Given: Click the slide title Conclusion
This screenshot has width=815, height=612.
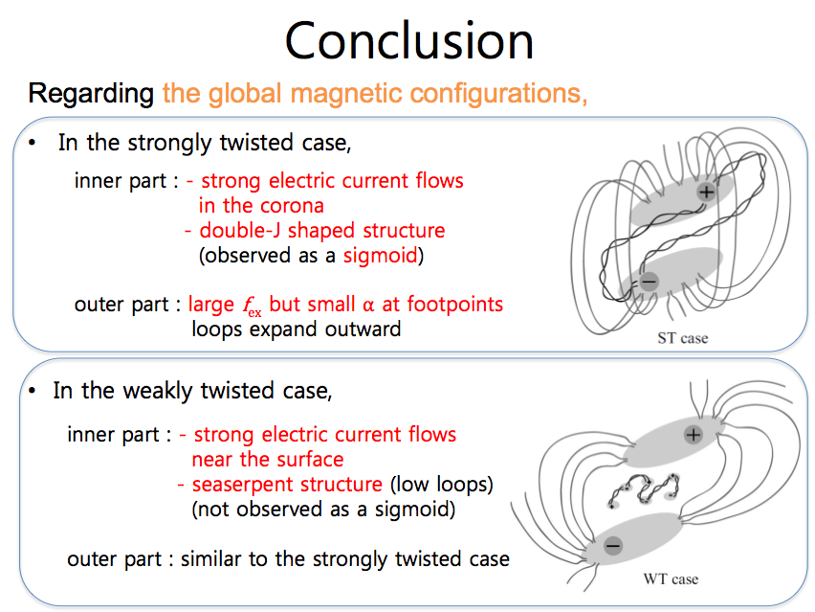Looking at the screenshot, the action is (x=409, y=41).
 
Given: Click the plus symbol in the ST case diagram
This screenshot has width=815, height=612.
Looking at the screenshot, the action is (x=706, y=193).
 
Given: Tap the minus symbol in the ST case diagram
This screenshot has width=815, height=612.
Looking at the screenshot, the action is (x=649, y=282).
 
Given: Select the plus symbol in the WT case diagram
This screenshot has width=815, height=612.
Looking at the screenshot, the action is (x=694, y=435).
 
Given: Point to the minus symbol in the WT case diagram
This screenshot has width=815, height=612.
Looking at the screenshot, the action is (x=613, y=546).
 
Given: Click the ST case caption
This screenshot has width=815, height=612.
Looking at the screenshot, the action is (x=682, y=338).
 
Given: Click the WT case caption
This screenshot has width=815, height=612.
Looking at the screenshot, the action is (x=671, y=579).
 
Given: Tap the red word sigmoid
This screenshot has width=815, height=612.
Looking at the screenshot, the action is (x=381, y=256).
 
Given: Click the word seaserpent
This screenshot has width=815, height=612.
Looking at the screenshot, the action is (x=287, y=485).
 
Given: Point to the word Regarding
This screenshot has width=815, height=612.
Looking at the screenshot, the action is (x=91, y=94).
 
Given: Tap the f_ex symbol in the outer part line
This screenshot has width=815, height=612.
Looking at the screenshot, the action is (x=253, y=306).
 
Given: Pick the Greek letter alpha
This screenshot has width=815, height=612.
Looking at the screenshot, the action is (x=368, y=306).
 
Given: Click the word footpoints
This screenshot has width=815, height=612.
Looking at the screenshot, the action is (x=454, y=305).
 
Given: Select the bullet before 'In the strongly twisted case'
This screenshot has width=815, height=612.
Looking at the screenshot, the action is (x=33, y=143).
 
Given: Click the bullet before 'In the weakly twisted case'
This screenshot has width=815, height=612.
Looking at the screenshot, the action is (x=33, y=391).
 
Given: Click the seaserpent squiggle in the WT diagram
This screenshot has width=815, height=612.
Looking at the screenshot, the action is (x=644, y=489).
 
